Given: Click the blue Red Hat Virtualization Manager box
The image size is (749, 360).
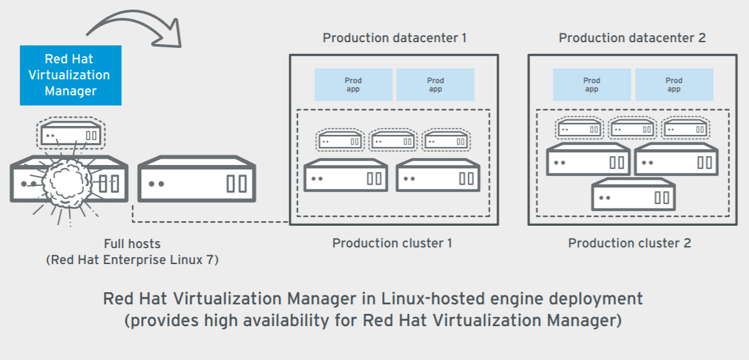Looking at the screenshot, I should coord(70,75).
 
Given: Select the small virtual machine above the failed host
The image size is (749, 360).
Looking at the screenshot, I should coord(70,135).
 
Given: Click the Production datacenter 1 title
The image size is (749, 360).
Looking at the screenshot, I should coord(394,38).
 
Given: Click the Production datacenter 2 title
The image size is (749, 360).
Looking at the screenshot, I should coord(632,38).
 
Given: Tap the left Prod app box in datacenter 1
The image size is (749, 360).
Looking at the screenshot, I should coord(353,85).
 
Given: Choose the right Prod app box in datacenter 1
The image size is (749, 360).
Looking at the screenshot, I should coord(435,85).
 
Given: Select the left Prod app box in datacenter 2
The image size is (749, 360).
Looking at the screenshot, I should coord(592,85).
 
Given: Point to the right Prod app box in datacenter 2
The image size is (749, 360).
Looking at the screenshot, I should coord(674,85).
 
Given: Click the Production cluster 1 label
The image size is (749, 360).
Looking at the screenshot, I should coord(392,243).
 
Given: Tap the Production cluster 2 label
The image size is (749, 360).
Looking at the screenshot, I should coord(629,243).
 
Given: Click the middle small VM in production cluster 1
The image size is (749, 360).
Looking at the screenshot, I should coord(393,141).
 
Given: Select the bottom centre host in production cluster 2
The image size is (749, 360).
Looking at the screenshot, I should coord(633,195).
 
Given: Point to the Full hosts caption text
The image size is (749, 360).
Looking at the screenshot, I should coord(132,244).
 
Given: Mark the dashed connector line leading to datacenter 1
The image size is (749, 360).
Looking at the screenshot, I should coord(211,222).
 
